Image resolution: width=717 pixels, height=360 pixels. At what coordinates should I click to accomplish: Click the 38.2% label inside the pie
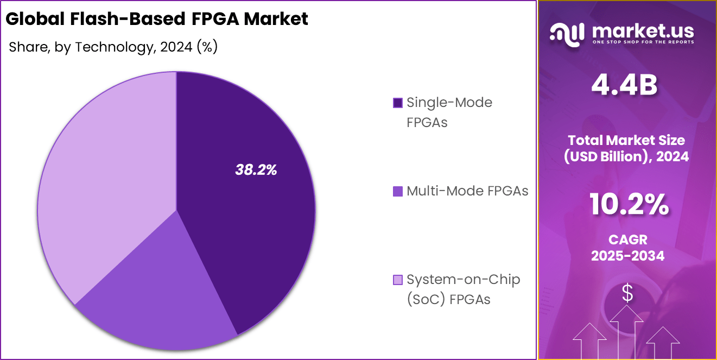tap(256, 170)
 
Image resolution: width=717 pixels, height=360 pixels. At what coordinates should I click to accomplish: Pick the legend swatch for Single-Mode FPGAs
tap(397, 103)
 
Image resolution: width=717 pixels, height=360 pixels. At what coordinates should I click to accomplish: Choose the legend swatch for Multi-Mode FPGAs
tap(397, 191)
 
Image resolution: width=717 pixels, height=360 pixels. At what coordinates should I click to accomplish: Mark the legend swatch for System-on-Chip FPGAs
tap(397, 280)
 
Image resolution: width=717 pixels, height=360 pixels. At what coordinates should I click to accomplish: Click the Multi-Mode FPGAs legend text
tap(467, 191)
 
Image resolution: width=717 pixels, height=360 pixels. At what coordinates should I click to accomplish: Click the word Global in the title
tap(34, 19)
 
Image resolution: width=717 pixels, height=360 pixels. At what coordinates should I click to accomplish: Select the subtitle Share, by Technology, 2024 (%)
tap(113, 47)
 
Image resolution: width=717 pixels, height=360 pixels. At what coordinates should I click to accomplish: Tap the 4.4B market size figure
tap(624, 85)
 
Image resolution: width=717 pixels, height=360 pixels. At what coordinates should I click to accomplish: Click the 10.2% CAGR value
tap(628, 205)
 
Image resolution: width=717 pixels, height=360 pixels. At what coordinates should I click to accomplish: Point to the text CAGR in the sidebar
tap(627, 239)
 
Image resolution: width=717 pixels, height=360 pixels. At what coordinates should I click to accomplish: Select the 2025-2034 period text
tap(627, 256)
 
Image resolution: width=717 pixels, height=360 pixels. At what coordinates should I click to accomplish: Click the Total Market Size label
tap(627, 140)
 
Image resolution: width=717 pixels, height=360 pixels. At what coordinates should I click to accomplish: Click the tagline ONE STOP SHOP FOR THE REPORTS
tap(643, 42)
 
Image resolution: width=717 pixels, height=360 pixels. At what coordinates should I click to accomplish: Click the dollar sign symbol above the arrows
tap(627, 294)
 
